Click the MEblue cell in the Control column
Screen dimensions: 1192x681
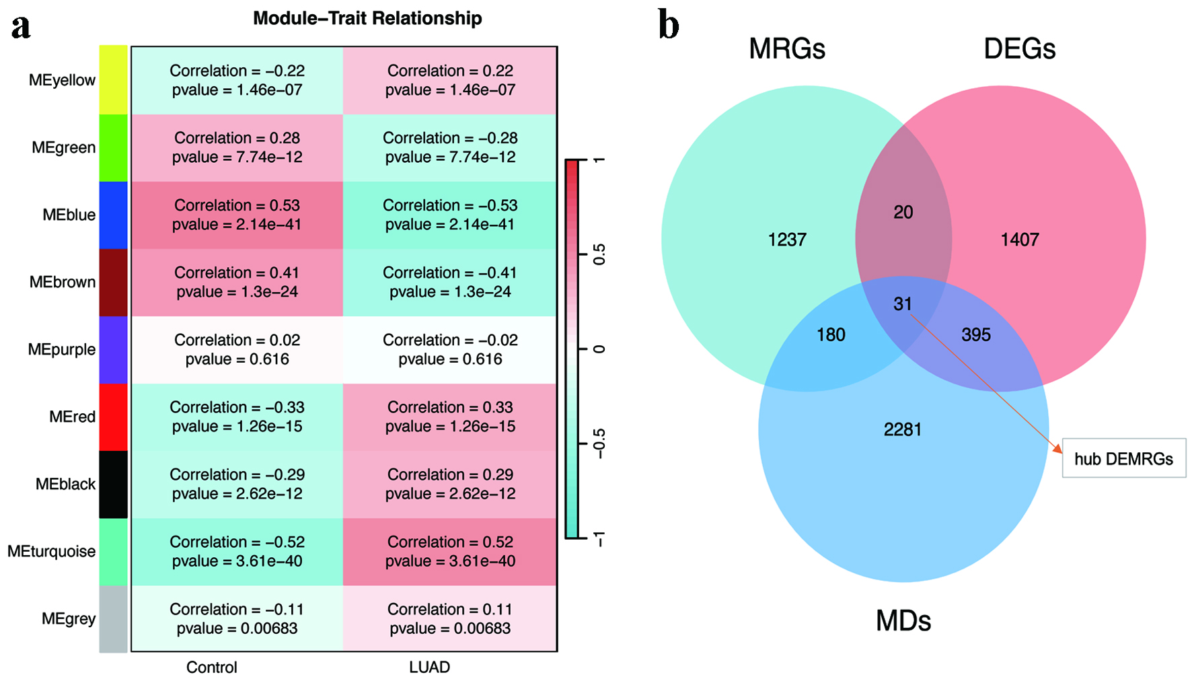coord(237,215)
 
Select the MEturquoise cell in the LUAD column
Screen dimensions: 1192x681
coord(450,552)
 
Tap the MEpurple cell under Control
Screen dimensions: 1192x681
coord(237,350)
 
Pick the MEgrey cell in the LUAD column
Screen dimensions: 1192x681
coord(450,618)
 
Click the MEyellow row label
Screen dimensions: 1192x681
coord(62,81)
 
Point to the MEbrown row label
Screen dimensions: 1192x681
coord(62,282)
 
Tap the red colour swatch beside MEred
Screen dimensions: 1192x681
coord(113,417)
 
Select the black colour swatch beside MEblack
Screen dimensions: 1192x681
coord(113,485)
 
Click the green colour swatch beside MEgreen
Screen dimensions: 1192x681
coord(113,148)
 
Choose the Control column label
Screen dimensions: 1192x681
coord(211,668)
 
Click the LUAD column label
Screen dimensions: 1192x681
coord(429,668)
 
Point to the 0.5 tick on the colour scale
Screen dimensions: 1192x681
coord(599,254)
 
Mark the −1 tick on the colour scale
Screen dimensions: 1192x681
coord(599,538)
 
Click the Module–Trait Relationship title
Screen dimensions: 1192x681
coord(367,18)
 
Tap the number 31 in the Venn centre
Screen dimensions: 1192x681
coord(903,304)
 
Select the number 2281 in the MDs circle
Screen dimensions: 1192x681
coord(903,429)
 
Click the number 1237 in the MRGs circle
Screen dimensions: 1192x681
coord(787,240)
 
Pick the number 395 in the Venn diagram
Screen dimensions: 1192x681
coord(976,335)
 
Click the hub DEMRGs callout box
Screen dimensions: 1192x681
coord(1124,458)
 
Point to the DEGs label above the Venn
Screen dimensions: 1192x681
coord(1020,48)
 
